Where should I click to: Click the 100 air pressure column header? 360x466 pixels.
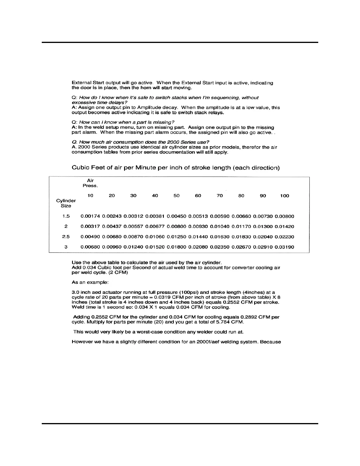(x=284, y=196)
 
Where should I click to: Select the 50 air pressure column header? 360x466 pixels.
(x=176, y=196)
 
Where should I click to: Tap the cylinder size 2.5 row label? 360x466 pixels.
(x=66, y=237)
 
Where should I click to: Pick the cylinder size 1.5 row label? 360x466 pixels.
(x=66, y=216)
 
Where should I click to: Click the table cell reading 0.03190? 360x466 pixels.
(x=284, y=247)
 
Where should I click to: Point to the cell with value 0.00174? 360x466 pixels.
(x=90, y=216)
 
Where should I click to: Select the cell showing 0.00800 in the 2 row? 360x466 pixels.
(x=176, y=227)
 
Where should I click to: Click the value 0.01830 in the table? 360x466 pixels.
(x=241, y=237)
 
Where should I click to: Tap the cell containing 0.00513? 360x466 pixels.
(x=198, y=216)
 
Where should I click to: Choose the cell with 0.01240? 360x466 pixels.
(x=133, y=247)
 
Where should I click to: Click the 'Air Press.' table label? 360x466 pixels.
(x=90, y=183)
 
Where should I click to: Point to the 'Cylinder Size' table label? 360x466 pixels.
(x=66, y=203)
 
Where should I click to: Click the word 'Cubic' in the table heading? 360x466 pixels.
(x=80, y=168)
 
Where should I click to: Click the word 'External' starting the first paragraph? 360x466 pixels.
(x=81, y=83)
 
